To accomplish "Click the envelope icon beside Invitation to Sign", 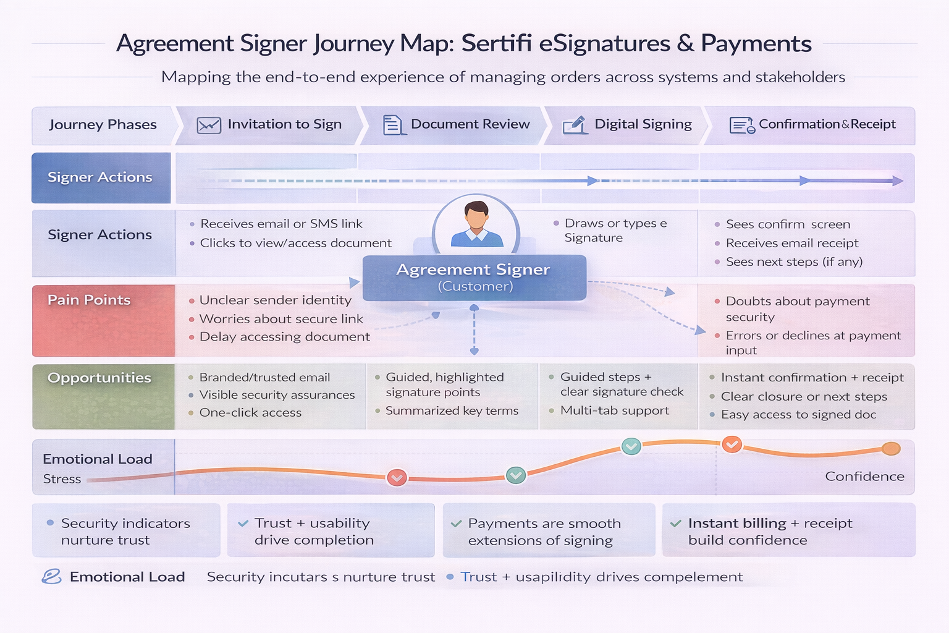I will tap(209, 125).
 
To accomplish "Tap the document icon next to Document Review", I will tap(392, 125).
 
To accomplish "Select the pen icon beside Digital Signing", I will tap(575, 125).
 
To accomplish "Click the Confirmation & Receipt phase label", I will tap(827, 124).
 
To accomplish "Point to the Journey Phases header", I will tap(103, 125).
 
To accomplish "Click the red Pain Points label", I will tap(89, 300).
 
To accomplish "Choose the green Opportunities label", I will tap(99, 378).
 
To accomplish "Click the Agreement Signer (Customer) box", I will tap(474, 278).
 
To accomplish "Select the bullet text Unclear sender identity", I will tap(275, 300).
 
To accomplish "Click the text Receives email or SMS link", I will tap(281, 224).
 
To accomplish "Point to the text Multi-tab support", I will tap(614, 410).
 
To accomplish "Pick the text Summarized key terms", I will tap(452, 411).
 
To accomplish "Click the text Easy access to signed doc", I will tap(798, 415).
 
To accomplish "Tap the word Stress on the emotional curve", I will tap(62, 479).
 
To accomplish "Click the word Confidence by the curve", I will tap(864, 477).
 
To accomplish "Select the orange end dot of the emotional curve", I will tap(891, 449).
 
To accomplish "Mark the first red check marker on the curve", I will tap(397, 477).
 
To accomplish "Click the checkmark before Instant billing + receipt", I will tap(676, 524).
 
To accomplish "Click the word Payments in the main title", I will tap(756, 44).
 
